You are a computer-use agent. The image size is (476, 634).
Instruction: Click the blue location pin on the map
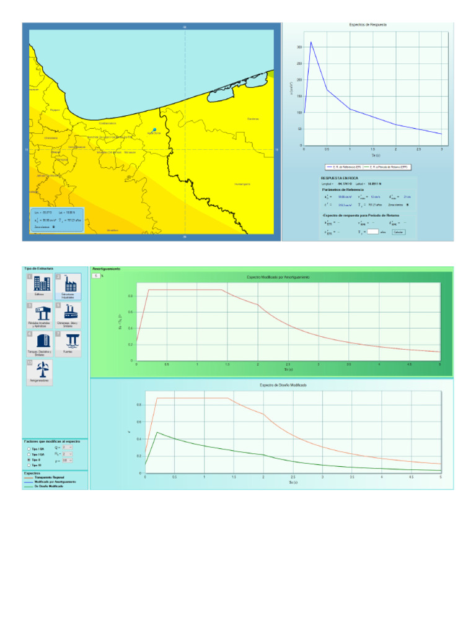[154, 130]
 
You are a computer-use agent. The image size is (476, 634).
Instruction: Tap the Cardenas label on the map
[253, 119]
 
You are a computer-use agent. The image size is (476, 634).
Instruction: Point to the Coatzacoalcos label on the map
[108, 123]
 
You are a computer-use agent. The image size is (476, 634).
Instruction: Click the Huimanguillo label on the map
[242, 184]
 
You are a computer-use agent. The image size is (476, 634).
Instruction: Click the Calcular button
[398, 232]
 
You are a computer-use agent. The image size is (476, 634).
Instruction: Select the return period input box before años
[372, 232]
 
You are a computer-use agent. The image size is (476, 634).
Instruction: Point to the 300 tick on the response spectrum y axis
[299, 47]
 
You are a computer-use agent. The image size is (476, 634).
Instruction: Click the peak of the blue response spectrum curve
[311, 42]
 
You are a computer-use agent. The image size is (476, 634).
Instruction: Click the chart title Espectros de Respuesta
[369, 25]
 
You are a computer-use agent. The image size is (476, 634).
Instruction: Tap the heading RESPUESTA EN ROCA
[335, 178]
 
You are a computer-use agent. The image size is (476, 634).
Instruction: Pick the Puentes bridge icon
[68, 342]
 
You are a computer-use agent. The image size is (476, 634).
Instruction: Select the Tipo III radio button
[29, 465]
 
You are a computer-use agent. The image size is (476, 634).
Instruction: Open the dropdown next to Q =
[68, 446]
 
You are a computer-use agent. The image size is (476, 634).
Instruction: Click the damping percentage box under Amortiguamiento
[96, 276]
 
